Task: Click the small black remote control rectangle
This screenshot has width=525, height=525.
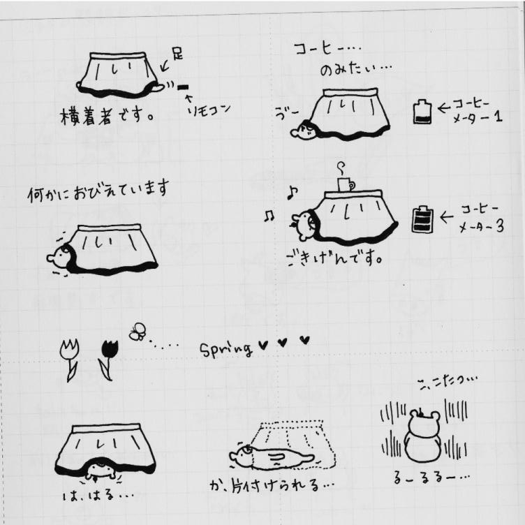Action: pyautogui.click(x=183, y=87)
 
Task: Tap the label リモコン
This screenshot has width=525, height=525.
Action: pyautogui.click(x=205, y=110)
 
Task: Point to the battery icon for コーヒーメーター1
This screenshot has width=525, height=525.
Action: pyautogui.click(x=421, y=111)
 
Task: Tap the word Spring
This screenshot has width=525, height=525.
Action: pyautogui.click(x=226, y=348)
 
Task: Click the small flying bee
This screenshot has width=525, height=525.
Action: pyautogui.click(x=138, y=331)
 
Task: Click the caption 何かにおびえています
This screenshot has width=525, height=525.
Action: pyautogui.click(x=98, y=190)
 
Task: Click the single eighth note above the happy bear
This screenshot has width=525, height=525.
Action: pyautogui.click(x=292, y=191)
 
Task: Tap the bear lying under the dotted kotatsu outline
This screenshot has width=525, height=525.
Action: pyautogui.click(x=272, y=458)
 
